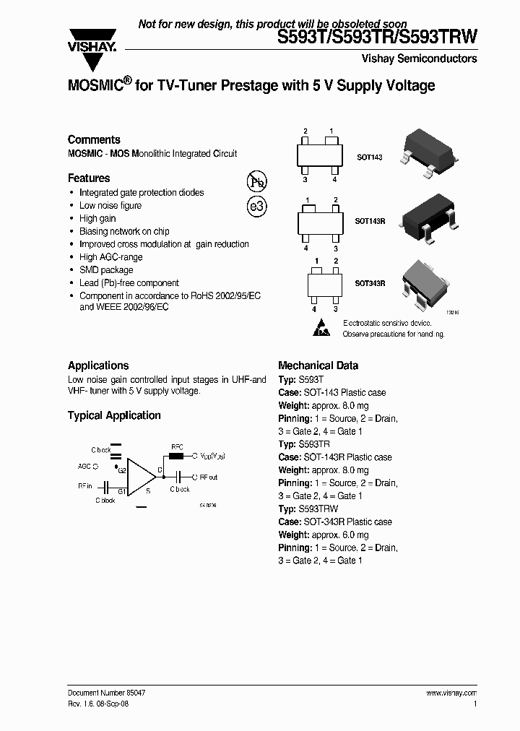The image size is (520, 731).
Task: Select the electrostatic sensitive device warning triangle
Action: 322,328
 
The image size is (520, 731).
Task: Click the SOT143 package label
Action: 370,156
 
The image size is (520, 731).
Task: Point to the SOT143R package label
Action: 371,220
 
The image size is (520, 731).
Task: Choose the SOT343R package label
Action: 371,284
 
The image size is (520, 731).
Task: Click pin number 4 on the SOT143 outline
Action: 334,179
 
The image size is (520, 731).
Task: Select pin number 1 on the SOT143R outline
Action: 308,200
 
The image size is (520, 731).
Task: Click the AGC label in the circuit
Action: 84,467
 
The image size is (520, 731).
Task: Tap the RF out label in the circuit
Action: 209,477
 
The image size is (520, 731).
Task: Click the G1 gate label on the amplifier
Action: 122,490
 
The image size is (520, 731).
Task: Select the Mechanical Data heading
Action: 318,365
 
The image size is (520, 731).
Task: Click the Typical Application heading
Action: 114,415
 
